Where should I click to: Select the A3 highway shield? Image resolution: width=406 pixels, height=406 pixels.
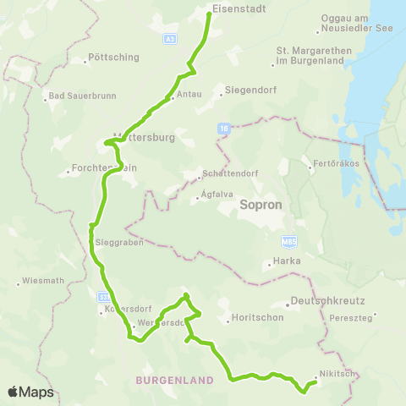point(171,38)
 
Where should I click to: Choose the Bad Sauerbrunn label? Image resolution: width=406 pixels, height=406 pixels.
point(74,96)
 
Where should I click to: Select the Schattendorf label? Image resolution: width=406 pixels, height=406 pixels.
point(225,177)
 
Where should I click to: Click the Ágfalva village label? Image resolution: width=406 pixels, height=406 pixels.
point(217,194)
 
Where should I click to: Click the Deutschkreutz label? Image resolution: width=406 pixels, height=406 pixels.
point(319,301)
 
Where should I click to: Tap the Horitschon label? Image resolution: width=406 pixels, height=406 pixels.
point(252,319)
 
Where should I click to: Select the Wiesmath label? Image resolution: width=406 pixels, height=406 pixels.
point(41,281)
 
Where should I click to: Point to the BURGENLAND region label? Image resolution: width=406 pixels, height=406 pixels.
point(174,381)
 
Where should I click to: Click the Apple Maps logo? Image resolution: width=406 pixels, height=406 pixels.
point(30,392)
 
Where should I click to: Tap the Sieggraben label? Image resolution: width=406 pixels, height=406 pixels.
point(118,242)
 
